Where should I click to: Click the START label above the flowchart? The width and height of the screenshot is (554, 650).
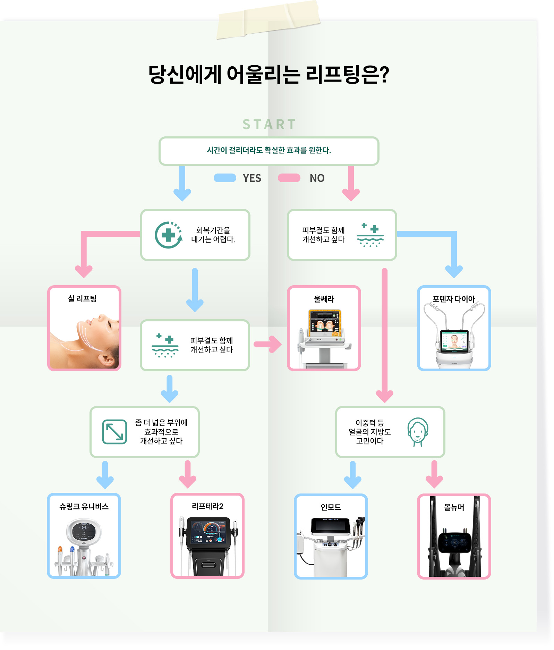pyautogui.click(x=269, y=124)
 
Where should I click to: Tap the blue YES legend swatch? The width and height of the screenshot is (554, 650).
pyautogui.click(x=225, y=178)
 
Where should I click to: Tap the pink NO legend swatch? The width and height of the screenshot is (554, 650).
pyautogui.click(x=289, y=178)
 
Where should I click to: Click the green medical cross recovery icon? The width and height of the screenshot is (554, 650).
pyautogui.click(x=169, y=235)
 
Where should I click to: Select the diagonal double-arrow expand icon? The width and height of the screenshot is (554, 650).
pyautogui.click(x=114, y=432)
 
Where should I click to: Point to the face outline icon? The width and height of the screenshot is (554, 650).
pyautogui.click(x=418, y=432)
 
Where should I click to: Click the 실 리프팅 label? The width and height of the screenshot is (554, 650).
pyautogui.click(x=82, y=298)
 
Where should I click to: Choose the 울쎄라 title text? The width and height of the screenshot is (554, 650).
pyautogui.click(x=324, y=299)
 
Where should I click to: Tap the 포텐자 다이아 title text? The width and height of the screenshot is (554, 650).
pyautogui.click(x=454, y=299)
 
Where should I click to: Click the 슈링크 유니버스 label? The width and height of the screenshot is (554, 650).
pyautogui.click(x=84, y=506)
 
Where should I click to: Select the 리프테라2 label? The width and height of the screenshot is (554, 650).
pyautogui.click(x=207, y=506)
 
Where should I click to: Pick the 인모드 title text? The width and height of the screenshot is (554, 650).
pyautogui.click(x=331, y=507)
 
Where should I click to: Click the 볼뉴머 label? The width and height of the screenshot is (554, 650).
pyautogui.click(x=454, y=507)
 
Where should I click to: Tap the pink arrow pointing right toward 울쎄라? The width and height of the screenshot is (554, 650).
pyautogui.click(x=267, y=344)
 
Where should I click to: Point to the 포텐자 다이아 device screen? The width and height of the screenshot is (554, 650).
pyautogui.click(x=454, y=339)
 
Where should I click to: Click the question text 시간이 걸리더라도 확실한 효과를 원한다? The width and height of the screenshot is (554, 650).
pyautogui.click(x=269, y=150)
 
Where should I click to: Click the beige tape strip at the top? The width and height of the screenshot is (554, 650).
pyautogui.click(x=268, y=20)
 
